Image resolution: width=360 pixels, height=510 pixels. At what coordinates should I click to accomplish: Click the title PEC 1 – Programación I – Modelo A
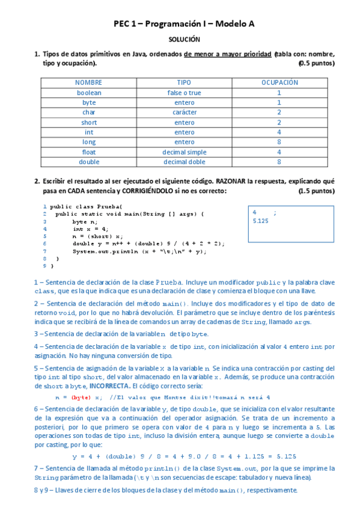pyautogui.click(x=185, y=23)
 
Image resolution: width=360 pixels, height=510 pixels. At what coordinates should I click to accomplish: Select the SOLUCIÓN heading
pyautogui.click(x=185, y=40)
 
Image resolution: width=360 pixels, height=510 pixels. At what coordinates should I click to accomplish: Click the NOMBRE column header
pyautogui.click(x=89, y=82)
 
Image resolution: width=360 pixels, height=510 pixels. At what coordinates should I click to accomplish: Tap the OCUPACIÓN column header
pyautogui.click(x=279, y=82)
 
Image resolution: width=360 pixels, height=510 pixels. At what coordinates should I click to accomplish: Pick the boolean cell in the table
pyautogui.click(x=89, y=93)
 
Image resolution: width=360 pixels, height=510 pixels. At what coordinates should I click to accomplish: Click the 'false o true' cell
pyautogui.click(x=184, y=93)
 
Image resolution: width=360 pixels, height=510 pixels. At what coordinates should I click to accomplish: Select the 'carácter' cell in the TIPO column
pyautogui.click(x=184, y=112)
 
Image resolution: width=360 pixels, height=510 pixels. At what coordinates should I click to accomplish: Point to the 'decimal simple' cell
pyautogui.click(x=184, y=152)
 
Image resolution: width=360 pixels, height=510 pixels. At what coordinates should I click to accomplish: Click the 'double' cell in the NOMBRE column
pyautogui.click(x=89, y=162)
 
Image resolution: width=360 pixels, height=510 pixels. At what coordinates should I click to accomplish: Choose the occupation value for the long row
pyautogui.click(x=279, y=142)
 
